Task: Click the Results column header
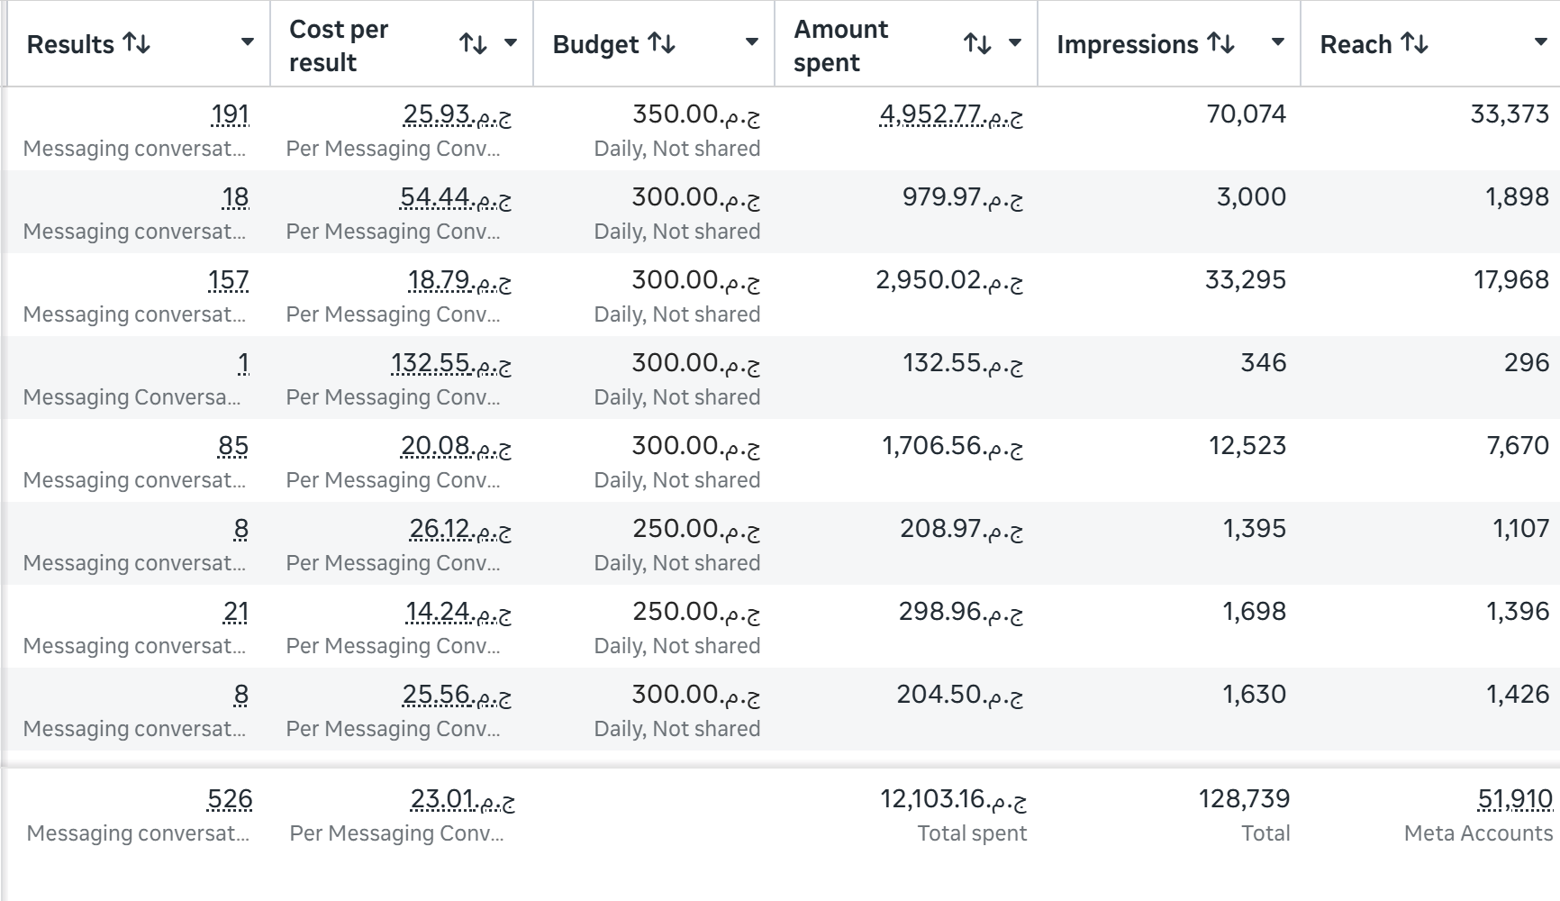coord(70,44)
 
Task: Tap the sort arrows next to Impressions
coord(1220,43)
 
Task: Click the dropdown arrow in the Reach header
coord(1540,42)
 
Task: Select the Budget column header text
coord(595,44)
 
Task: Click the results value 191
coord(230,114)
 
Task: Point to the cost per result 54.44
coord(456,197)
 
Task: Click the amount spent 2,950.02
coord(949,280)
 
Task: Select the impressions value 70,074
coord(1246,114)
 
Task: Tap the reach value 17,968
coord(1510,280)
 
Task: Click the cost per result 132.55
coord(451,363)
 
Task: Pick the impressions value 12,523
coord(1247,446)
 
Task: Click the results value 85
coord(233,446)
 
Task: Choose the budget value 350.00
coord(696,114)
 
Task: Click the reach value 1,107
coord(1520,529)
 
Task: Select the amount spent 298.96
coord(961,612)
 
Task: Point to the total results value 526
coord(230,799)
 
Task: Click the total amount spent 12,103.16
coord(953,799)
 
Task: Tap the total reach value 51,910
coord(1515,799)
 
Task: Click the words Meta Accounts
coord(1478,833)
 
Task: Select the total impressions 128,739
coord(1244,799)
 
